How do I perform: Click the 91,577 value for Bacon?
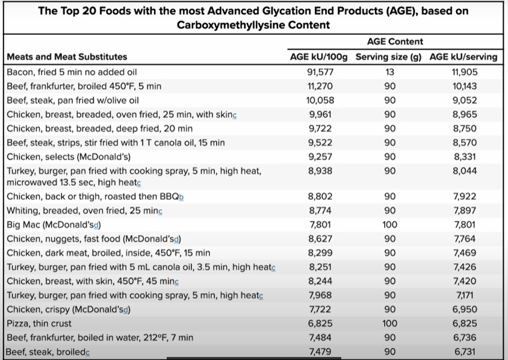pos(320,72)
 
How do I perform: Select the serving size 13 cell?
pos(389,72)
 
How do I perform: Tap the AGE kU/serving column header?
pos(463,57)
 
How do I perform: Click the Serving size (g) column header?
pos(389,57)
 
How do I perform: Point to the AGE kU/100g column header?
pos(319,57)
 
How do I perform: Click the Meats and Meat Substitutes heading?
pos(67,57)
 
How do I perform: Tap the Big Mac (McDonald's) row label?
pos(54,225)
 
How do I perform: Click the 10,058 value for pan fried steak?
pos(320,101)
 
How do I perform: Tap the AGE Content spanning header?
pos(394,42)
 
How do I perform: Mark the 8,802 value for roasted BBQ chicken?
pos(320,196)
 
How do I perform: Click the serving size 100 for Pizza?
pos(389,324)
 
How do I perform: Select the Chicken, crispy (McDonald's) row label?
pos(68,309)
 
